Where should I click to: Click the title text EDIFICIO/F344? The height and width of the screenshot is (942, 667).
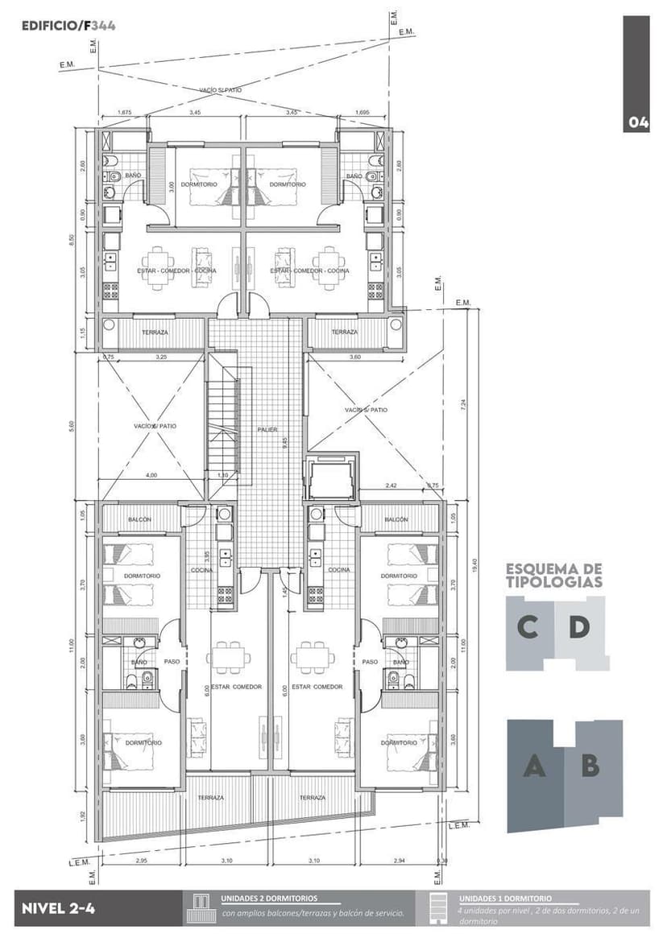(x=68, y=26)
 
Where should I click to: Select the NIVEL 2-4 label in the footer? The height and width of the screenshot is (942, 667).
(x=59, y=908)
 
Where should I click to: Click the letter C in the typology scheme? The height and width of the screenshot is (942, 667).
(x=528, y=627)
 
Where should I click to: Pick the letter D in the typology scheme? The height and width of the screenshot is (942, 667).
(x=578, y=627)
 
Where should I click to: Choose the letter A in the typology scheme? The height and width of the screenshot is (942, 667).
(x=532, y=766)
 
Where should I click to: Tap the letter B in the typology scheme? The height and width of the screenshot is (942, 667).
(x=590, y=766)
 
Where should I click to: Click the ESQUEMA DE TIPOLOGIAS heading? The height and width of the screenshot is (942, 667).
(x=554, y=575)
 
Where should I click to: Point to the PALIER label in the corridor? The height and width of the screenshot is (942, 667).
(x=267, y=430)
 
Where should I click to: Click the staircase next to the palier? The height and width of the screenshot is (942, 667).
(x=224, y=427)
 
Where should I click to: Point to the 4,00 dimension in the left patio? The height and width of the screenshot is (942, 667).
(x=151, y=475)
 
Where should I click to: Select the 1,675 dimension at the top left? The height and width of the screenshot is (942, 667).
(x=124, y=113)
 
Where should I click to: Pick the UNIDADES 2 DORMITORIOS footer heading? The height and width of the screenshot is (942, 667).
(x=269, y=898)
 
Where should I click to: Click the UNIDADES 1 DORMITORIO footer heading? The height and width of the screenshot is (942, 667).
(x=505, y=898)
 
